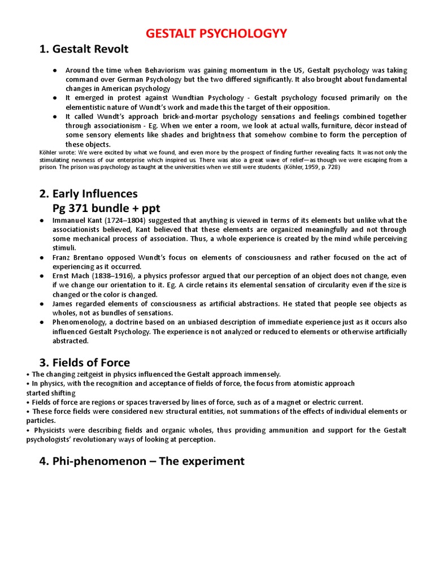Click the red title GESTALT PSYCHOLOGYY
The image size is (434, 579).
(x=216, y=34)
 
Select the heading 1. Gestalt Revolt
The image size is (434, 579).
(x=84, y=49)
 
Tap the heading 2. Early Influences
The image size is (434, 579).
(x=89, y=194)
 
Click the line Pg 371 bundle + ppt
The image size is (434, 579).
(x=106, y=208)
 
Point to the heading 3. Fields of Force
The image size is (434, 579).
(x=85, y=362)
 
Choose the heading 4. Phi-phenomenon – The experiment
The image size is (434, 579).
(x=142, y=461)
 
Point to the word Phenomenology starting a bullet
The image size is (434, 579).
(x=79, y=322)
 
